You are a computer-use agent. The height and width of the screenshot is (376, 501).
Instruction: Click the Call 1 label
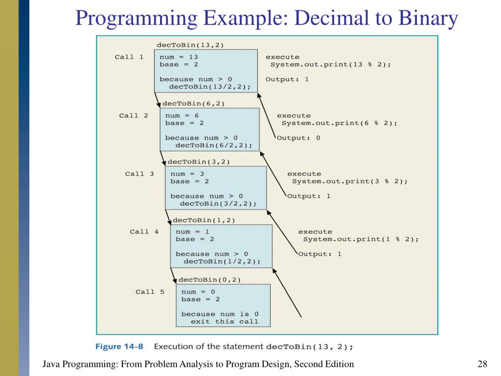[x=129, y=57]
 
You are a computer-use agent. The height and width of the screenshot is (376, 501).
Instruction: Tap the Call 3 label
[x=139, y=174]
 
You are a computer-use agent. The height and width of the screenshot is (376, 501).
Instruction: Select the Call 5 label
[x=150, y=292]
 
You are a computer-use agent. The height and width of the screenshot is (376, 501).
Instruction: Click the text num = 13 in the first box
[x=179, y=57]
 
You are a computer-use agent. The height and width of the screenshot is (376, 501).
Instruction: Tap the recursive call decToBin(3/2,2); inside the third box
[x=218, y=204]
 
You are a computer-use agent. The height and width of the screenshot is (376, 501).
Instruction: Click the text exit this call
[x=224, y=322]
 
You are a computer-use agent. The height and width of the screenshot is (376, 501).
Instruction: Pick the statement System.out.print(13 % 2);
[x=331, y=65]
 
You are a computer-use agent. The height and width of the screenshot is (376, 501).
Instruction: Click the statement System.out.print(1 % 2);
[x=361, y=239]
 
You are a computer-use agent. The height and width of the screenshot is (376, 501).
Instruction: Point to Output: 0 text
[x=298, y=138]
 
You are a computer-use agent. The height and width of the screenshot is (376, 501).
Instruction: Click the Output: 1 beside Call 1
[x=287, y=79]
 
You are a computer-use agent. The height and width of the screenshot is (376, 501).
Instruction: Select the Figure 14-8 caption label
[x=119, y=347]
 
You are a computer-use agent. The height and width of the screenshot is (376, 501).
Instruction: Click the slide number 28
[x=482, y=364]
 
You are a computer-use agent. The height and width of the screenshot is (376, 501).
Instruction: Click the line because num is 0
[x=220, y=314]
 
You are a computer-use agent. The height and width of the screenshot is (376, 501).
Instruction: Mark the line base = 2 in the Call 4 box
[x=195, y=239]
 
